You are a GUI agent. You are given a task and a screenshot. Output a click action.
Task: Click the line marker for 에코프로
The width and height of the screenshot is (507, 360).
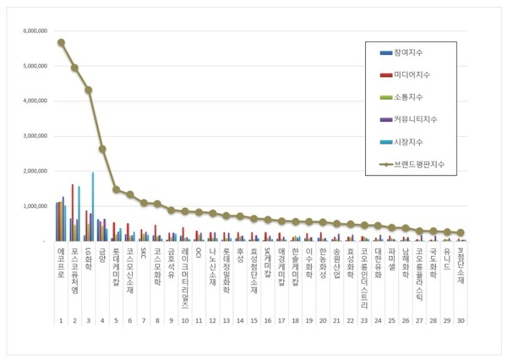[61, 42]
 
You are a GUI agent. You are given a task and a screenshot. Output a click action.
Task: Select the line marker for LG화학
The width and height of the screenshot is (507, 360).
[89, 90]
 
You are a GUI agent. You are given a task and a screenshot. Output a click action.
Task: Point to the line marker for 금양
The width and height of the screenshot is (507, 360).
[102, 149]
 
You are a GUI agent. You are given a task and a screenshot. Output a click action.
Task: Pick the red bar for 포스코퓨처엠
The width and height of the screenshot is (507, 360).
[73, 212]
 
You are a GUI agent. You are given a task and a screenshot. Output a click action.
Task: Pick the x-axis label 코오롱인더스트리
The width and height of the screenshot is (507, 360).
[364, 279]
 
